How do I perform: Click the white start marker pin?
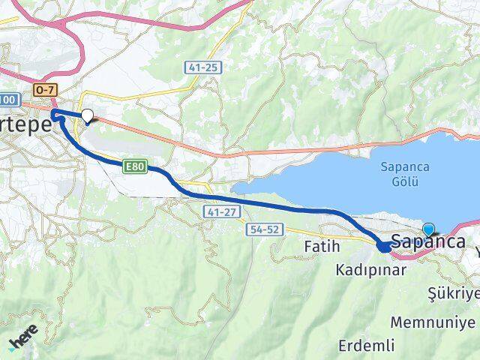click(x=88, y=116)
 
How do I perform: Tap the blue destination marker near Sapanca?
click(x=428, y=230)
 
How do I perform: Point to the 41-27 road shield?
click(x=213, y=213)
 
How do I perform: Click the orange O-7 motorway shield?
click(x=43, y=90)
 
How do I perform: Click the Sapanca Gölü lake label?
click(x=404, y=173)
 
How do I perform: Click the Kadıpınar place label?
click(x=371, y=269)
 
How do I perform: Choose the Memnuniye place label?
click(x=433, y=323)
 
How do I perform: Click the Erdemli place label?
click(x=366, y=346)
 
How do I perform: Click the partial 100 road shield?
click(x=7, y=99)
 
